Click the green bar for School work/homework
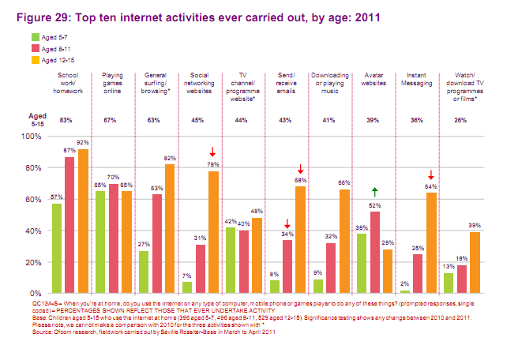point(57,248)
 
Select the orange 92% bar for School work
point(83,220)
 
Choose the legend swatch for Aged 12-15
point(36,59)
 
